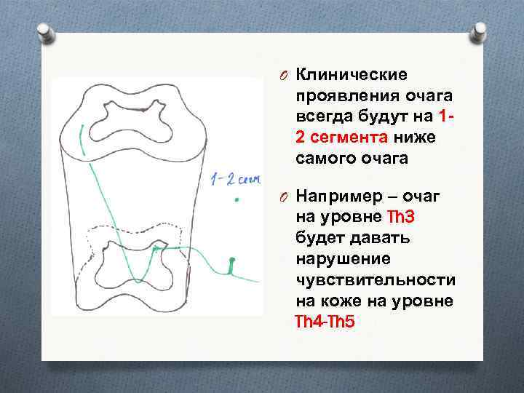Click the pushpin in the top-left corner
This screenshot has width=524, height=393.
[46, 31]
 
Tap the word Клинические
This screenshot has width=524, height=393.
[352, 75]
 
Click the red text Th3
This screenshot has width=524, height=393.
[403, 218]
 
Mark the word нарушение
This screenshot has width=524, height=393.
[338, 259]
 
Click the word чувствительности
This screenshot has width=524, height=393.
[376, 279]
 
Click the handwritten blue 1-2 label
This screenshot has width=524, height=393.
[234, 179]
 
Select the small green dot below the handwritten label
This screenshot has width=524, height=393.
[236, 198]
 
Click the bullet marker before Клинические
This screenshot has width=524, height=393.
[286, 76]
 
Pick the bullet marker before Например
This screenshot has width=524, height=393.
[286, 199]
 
